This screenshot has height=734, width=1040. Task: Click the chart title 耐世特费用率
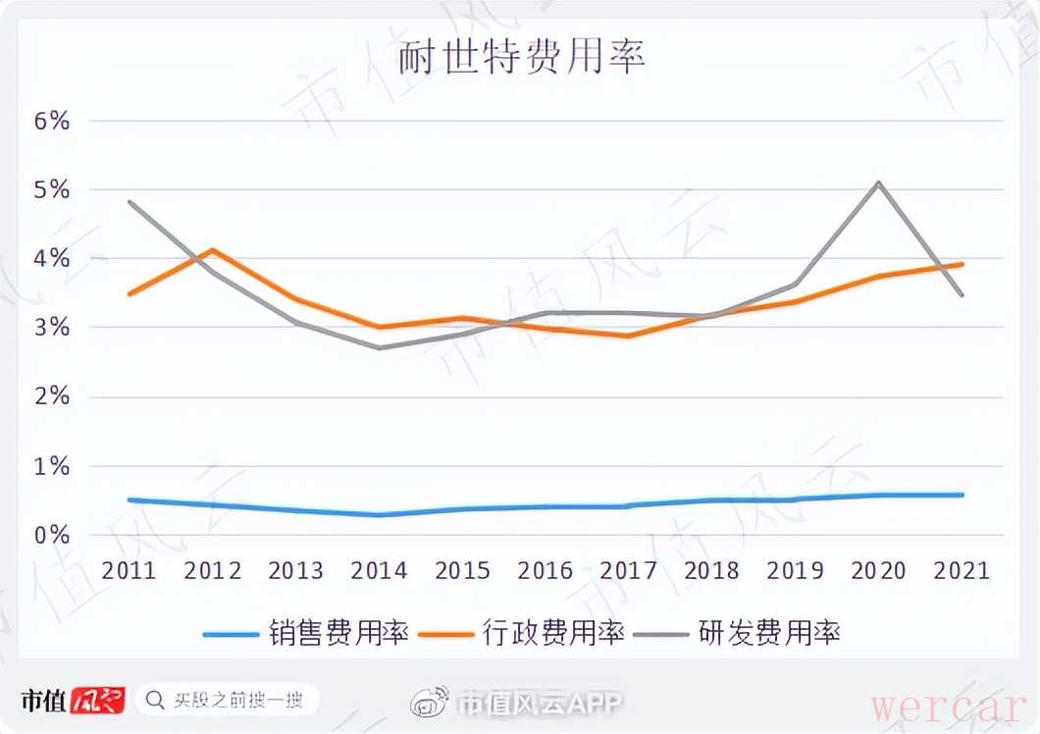pyautogui.click(x=521, y=58)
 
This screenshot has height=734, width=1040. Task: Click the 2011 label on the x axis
pyautogui.click(x=130, y=570)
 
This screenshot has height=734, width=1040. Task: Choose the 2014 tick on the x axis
pyautogui.click(x=380, y=570)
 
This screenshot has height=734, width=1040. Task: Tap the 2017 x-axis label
pyautogui.click(x=629, y=570)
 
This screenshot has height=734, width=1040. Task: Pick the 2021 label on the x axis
pyautogui.click(x=962, y=570)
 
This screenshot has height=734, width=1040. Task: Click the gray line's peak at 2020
pyautogui.click(x=879, y=183)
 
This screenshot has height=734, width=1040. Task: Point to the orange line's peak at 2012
pyautogui.click(x=213, y=250)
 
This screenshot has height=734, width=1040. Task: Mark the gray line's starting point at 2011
pyautogui.click(x=130, y=202)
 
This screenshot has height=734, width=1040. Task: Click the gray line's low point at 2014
pyautogui.click(x=380, y=347)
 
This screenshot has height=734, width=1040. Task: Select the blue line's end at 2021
pyautogui.click(x=962, y=495)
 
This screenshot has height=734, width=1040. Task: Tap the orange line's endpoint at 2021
pyautogui.click(x=962, y=264)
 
